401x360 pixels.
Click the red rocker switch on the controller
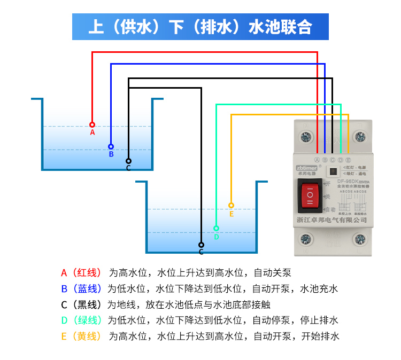310,195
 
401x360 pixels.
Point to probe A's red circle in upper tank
92,124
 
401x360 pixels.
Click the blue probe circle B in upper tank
111,146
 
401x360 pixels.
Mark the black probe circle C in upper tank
128,161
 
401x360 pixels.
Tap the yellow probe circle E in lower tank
231,205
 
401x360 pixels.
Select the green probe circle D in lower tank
216,228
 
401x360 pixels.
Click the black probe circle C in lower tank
201,245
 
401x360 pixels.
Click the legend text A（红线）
81,273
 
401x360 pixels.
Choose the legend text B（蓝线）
81,289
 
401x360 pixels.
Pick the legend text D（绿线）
81,320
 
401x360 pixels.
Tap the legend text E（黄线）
81,336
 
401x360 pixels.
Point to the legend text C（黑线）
81,305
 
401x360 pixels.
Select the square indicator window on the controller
333,173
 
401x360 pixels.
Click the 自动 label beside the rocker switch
330,209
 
